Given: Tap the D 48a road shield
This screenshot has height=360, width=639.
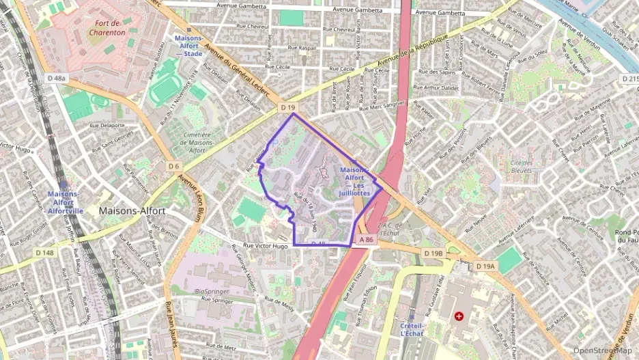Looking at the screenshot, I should click(57, 79).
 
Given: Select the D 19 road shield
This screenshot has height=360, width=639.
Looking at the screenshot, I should click(287, 108).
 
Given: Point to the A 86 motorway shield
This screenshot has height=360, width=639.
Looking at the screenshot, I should click(366, 240).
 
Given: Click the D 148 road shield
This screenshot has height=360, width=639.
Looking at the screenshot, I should click(43, 253).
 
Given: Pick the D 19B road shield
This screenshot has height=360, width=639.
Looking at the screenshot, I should click(433, 253).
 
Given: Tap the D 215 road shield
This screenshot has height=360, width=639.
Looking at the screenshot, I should click(629, 79).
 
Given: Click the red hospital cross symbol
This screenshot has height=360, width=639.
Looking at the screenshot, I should click(459, 316).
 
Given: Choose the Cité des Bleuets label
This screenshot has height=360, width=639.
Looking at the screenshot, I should click(521, 167).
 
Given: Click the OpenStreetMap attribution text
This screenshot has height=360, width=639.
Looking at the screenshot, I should click(602, 350).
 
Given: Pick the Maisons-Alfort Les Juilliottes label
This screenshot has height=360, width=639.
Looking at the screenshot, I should click(355, 181).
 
